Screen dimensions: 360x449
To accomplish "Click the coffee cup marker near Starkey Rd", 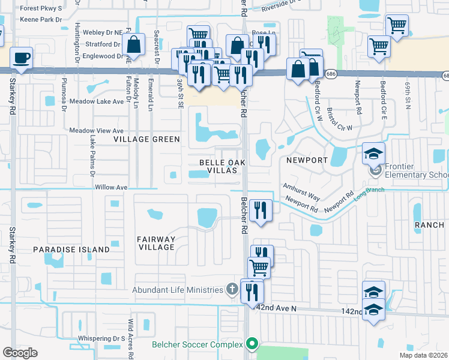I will pos(21,58).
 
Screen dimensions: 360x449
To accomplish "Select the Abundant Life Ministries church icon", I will pos(232,290).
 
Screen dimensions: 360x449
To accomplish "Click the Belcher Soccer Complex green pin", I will pos(252,344).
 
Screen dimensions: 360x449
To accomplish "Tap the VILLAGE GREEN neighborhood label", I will pos(147,139).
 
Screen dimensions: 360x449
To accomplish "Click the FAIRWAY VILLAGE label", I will pos(156,243).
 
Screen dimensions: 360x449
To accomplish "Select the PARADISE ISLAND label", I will pos(71,249).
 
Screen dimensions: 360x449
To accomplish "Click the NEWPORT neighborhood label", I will pos(307,161).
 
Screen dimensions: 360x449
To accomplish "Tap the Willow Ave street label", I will pos(112,187).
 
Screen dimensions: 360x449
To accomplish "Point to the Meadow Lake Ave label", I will pos(97,101).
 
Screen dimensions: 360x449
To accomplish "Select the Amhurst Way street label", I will pos(302,191).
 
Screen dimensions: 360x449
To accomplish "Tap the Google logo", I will pos(20,353).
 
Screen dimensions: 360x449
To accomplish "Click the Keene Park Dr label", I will pos(41,20).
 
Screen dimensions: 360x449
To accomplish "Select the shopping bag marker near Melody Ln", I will pos(133,44).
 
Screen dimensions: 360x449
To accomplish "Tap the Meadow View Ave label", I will pos(97,130).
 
